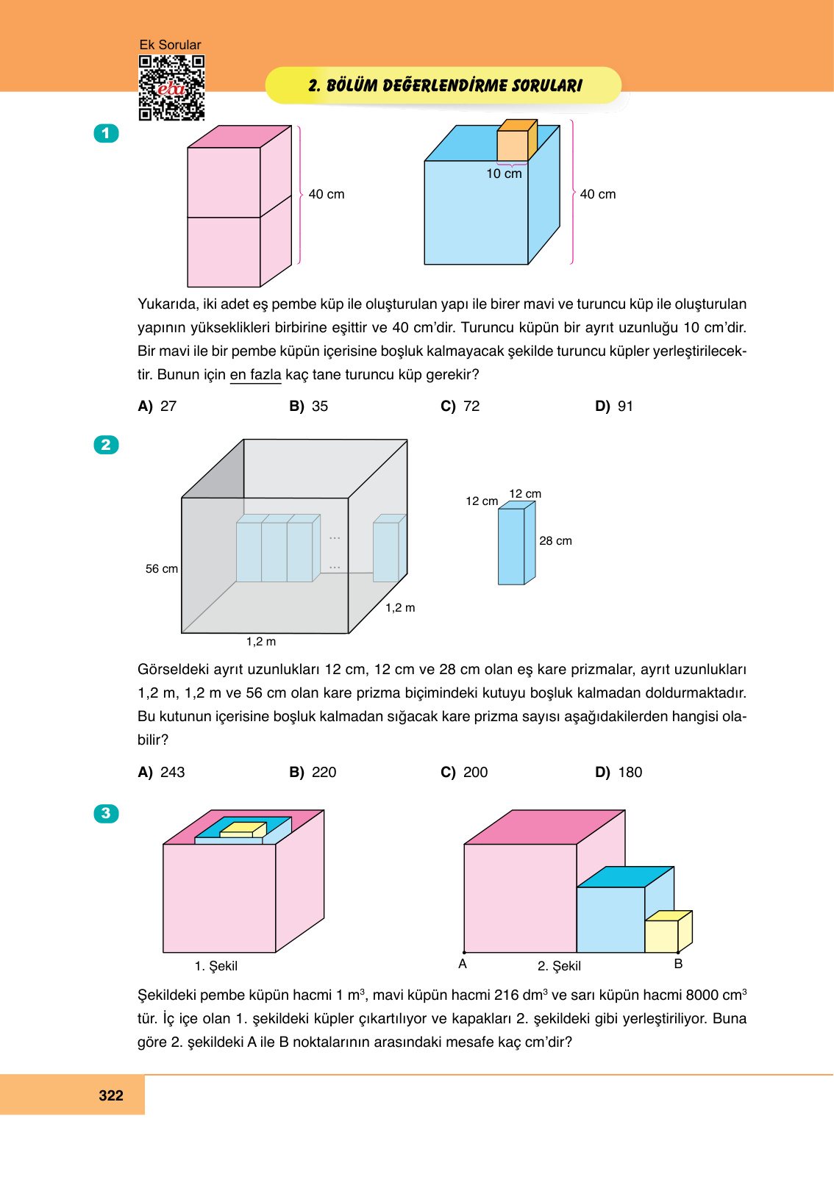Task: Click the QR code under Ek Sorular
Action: tap(171, 88)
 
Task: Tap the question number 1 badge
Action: tap(106, 133)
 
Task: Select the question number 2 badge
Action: tap(106, 445)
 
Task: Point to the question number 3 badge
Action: tap(106, 813)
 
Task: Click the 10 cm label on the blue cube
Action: tap(504, 173)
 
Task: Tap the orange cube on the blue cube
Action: tap(516, 142)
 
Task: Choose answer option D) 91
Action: tap(614, 406)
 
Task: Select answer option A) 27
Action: tap(157, 406)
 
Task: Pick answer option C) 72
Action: tap(460, 406)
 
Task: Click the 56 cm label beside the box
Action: tap(162, 568)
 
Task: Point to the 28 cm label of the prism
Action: tap(555, 540)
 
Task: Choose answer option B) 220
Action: tap(313, 772)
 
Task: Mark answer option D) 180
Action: tap(619, 772)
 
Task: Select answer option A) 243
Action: tap(161, 772)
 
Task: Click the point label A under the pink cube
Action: tap(463, 964)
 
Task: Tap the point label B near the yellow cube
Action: tap(678, 964)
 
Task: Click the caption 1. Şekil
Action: tap(215, 966)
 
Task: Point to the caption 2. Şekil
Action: tap(559, 966)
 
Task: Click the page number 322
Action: tap(111, 1095)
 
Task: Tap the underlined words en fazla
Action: tap(255, 374)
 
